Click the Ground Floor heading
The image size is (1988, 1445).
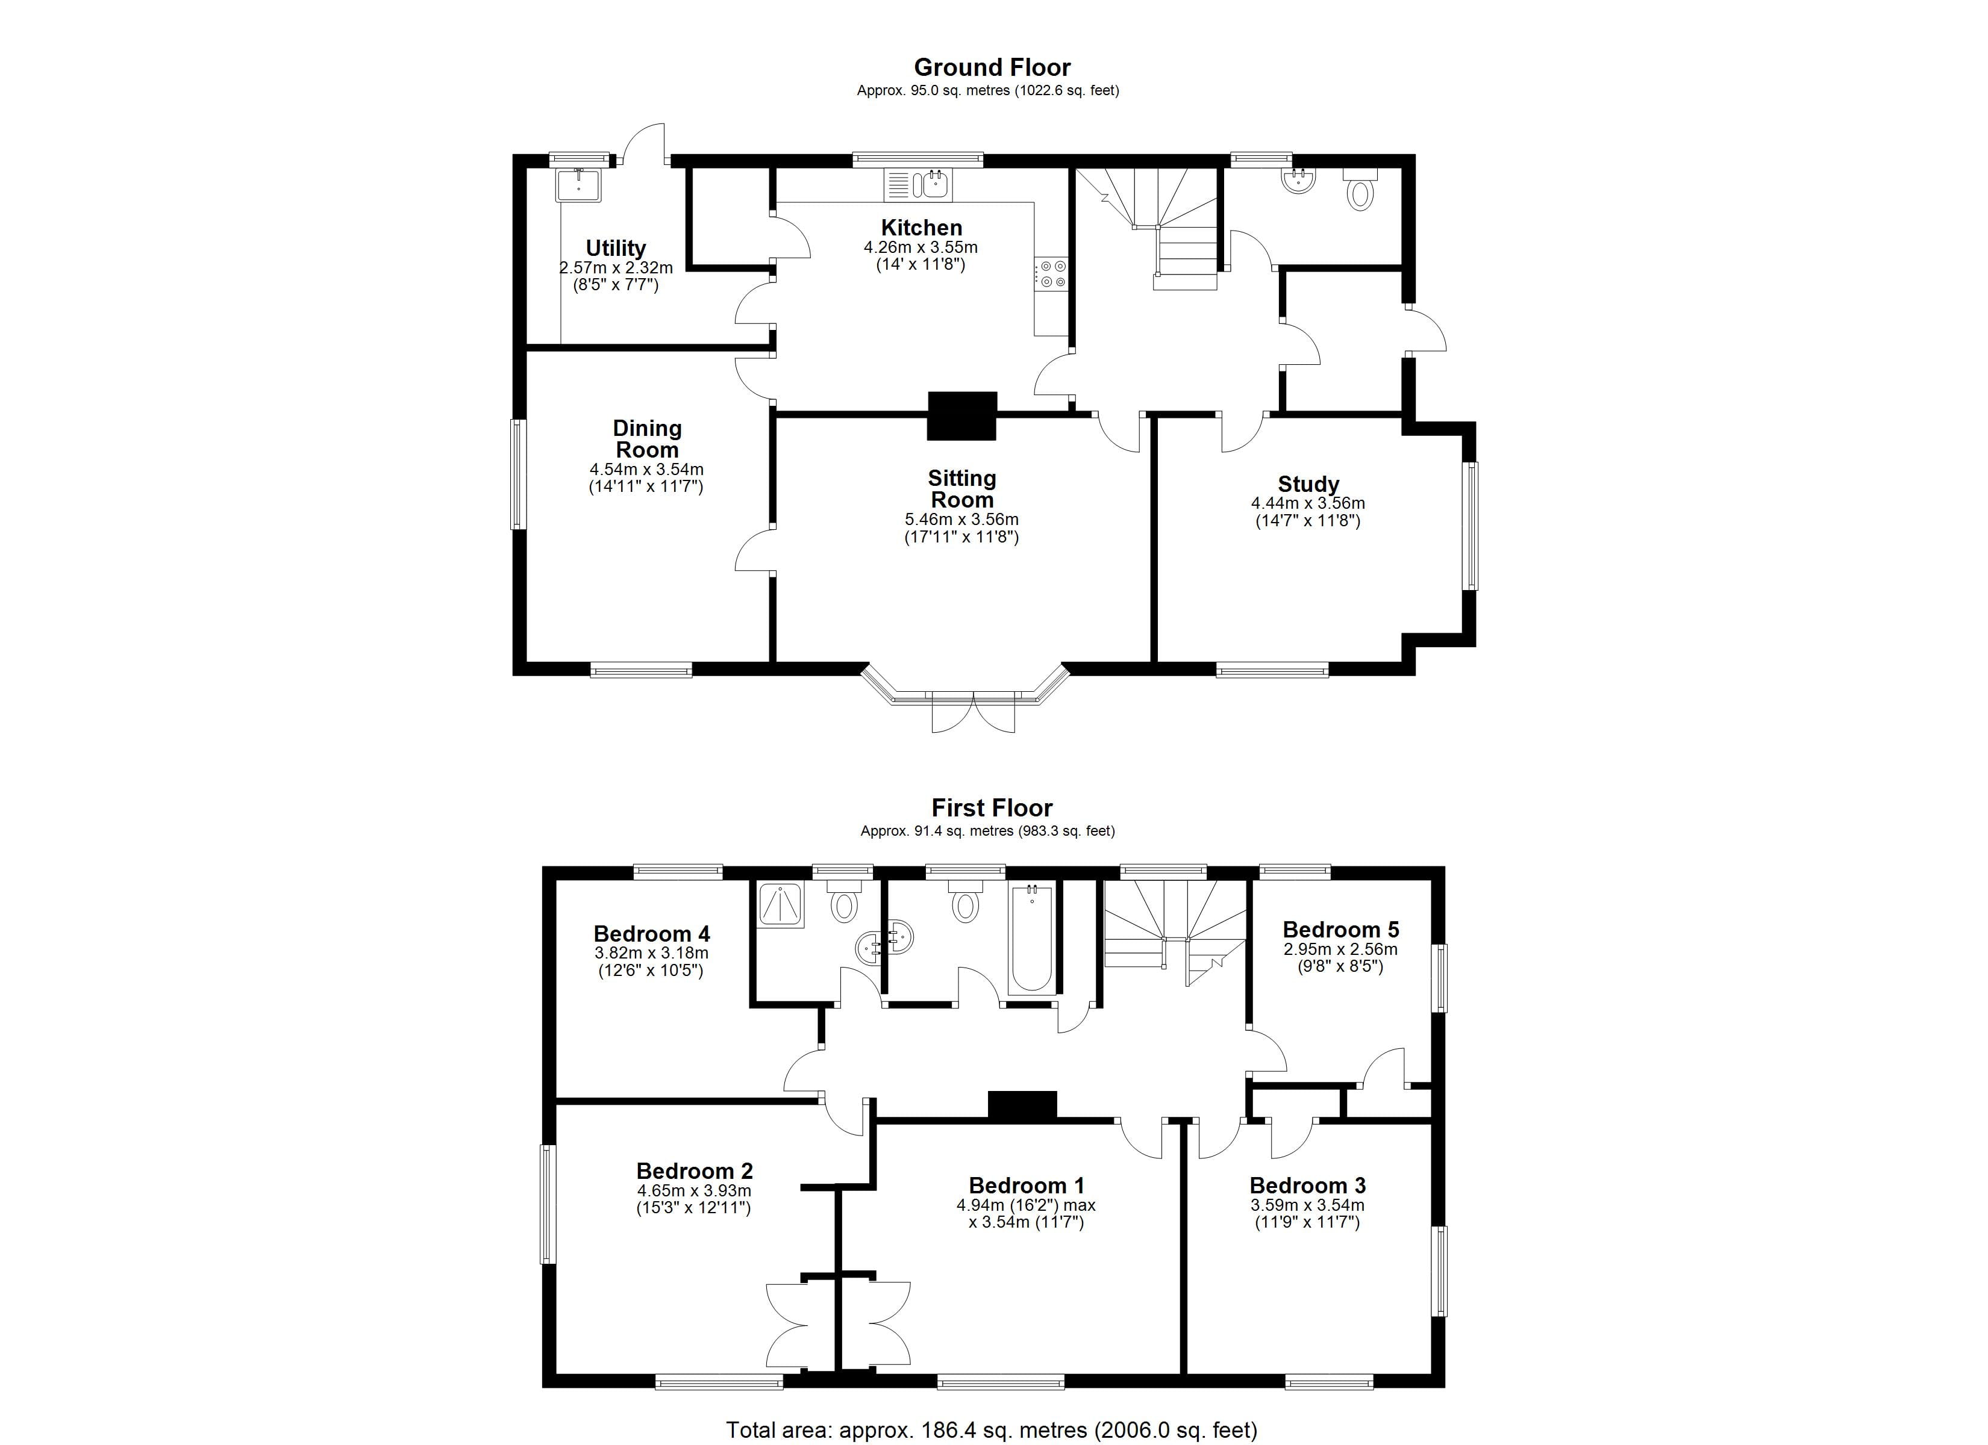click(992, 67)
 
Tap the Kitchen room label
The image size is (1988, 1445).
click(921, 227)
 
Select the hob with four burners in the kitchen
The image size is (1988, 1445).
click(1051, 273)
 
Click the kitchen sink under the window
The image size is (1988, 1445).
click(931, 185)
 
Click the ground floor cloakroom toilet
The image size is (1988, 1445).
click(1360, 191)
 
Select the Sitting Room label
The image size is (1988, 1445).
click(961, 489)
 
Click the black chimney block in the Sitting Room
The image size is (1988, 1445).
click(963, 415)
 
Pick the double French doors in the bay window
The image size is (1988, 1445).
click(973, 710)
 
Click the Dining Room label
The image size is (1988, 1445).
click(647, 439)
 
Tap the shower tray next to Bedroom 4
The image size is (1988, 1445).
click(780, 904)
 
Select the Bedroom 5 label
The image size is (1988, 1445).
click(1340, 929)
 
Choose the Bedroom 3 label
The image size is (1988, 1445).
click(1307, 1186)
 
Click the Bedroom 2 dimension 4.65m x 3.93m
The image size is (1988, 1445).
click(693, 1191)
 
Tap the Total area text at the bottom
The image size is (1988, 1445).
click(992, 1430)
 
